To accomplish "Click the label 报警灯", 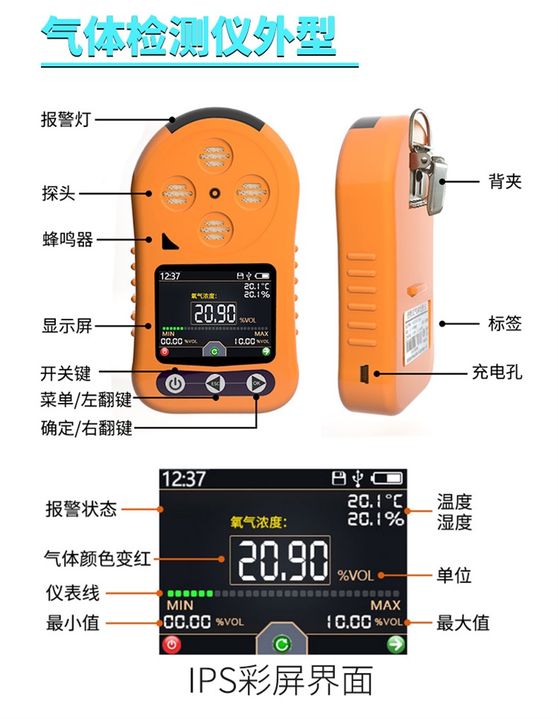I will coord(65,120).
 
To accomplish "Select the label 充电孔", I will coord(497,372).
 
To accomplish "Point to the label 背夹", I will coord(505,181).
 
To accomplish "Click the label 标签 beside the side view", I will coord(505,323).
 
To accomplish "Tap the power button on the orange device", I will coord(175,384).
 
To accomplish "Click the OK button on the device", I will coord(257,384).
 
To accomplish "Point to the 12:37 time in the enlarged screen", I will coord(183,479).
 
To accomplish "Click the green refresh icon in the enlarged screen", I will coord(281,645).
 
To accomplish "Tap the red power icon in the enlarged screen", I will coord(172,645).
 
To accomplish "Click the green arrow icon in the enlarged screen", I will coord(394,645).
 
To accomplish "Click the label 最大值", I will coord(463,622).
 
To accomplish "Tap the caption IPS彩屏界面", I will coord(279,682).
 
